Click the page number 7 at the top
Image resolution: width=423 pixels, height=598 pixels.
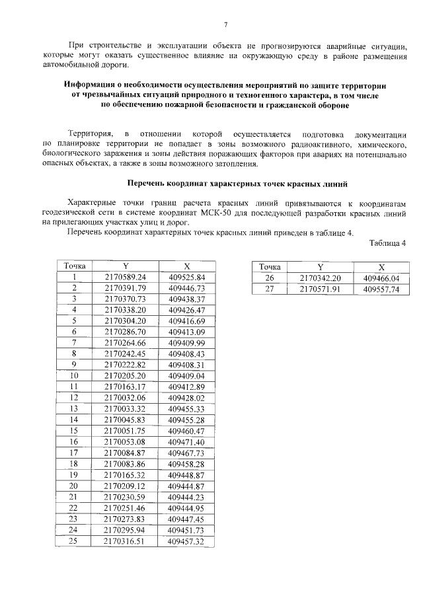(x=225, y=25)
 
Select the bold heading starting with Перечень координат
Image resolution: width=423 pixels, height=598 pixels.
(x=236, y=182)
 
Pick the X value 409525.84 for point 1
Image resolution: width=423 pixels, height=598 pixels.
(x=187, y=277)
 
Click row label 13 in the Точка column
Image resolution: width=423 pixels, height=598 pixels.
(x=75, y=409)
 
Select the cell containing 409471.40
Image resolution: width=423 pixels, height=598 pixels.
(x=187, y=441)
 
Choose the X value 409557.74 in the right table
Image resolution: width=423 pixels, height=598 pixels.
(x=381, y=289)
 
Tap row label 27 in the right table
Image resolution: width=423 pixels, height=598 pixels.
(x=269, y=289)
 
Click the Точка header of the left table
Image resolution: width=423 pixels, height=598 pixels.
(x=75, y=266)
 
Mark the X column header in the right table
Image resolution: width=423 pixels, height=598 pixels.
(x=381, y=267)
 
